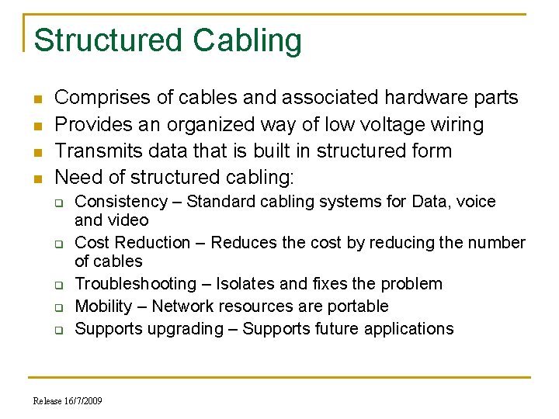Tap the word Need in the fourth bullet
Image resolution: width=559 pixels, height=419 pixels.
[x=78, y=177]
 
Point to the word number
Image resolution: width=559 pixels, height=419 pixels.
[x=497, y=243]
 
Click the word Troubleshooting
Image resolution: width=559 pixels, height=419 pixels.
[x=136, y=284]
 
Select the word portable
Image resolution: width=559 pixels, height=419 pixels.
[x=359, y=306]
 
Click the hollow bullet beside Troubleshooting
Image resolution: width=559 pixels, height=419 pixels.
[x=58, y=285]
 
